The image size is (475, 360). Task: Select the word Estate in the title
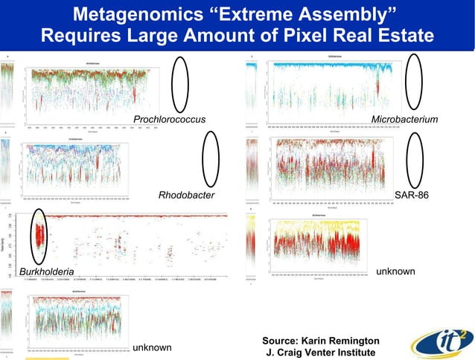399,35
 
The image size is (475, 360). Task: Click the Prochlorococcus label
169,120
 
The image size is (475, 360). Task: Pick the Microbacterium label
404,120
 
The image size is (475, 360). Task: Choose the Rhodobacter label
186,195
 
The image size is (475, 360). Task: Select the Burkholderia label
46,272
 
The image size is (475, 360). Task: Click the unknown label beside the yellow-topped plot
395,271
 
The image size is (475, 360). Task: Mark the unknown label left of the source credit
152,347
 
